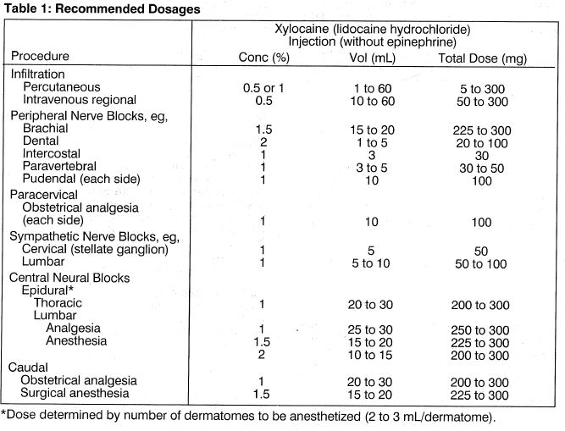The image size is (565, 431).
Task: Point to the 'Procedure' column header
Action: pyautogui.click(x=41, y=56)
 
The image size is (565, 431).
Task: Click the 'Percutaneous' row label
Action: pyautogui.click(x=62, y=87)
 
